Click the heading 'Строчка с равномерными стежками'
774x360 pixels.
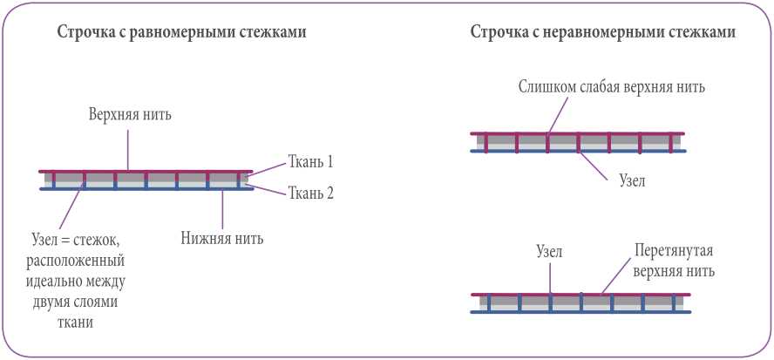[181, 33]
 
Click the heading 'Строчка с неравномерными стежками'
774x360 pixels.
[603, 33]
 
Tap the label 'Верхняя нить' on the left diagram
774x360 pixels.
[135, 116]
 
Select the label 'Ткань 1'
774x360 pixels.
[310, 162]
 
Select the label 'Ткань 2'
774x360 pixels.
[310, 194]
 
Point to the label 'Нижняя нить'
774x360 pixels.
[222, 237]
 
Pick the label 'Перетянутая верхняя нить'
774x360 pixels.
[674, 262]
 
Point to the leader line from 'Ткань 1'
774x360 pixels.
[267, 169]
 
